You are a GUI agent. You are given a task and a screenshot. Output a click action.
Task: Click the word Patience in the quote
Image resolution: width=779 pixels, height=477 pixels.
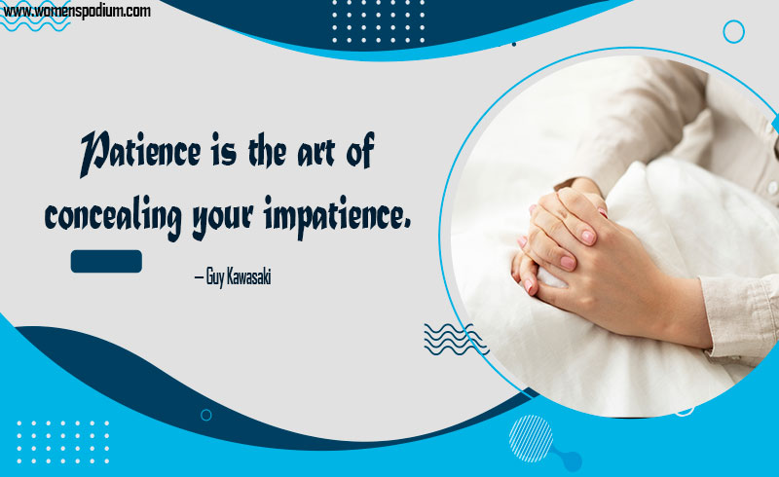click(x=140, y=154)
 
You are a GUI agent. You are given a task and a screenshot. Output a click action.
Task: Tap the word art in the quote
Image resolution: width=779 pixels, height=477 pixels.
click(x=315, y=154)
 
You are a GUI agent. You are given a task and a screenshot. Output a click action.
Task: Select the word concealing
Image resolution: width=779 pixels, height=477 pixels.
click(x=112, y=218)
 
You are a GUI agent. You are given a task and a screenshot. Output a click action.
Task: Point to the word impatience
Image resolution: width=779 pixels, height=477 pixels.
click(x=337, y=217)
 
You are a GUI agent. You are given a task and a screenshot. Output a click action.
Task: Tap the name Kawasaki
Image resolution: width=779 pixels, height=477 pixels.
click(x=248, y=276)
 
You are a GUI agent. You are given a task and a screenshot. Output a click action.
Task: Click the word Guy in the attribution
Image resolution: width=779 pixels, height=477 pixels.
click(x=214, y=277)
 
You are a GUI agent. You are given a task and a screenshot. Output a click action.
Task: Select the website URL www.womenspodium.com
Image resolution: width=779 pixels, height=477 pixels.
click(x=77, y=11)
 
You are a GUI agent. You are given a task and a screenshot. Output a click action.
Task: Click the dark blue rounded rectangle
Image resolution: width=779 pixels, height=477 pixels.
click(x=106, y=261)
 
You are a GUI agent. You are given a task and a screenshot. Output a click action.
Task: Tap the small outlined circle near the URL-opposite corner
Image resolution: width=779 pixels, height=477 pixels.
click(x=733, y=32)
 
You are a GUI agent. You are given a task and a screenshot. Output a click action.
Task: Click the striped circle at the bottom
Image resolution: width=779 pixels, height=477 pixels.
click(x=531, y=439)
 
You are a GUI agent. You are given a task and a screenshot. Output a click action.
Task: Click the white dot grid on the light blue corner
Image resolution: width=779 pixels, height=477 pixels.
click(x=62, y=442)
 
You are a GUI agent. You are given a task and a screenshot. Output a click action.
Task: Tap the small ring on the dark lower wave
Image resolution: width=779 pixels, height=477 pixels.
click(x=206, y=415)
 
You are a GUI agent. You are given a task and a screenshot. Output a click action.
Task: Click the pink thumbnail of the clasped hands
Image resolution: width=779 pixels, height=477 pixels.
click(x=588, y=237)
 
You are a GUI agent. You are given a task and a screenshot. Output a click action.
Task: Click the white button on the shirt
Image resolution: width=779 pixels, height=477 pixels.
click(x=772, y=188)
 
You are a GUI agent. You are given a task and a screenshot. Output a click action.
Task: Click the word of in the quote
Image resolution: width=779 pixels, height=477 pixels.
click(x=360, y=151)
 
